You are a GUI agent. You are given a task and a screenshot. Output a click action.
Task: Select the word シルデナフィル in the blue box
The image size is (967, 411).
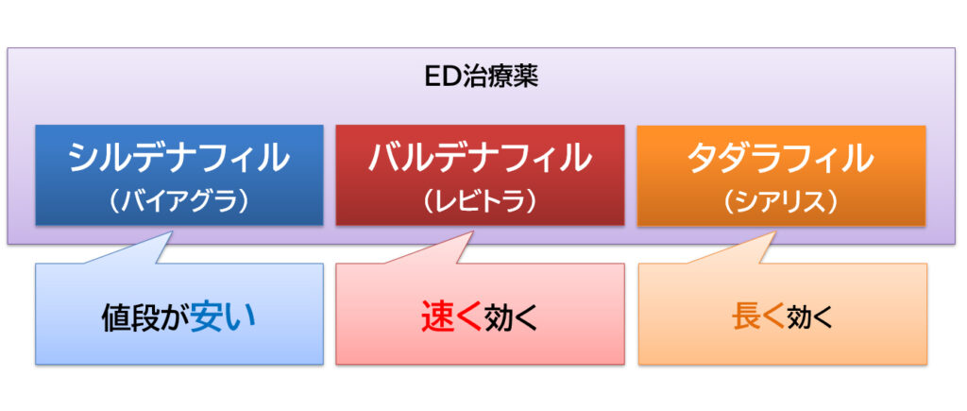click(178, 158)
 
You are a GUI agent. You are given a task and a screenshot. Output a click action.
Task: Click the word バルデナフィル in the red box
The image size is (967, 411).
click(480, 158)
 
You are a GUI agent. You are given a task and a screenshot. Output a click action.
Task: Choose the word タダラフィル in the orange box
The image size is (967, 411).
click(780, 158)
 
